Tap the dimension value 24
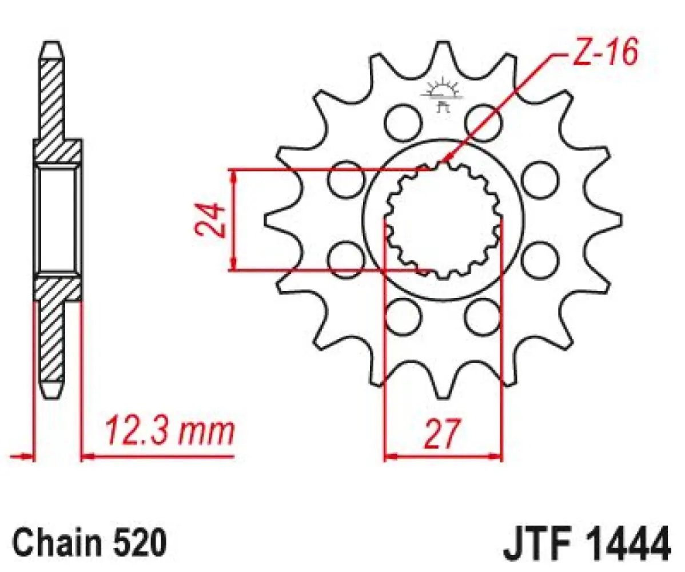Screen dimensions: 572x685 (208, 220)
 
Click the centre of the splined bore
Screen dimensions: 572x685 (443, 220)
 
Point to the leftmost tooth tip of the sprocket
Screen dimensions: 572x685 (266, 220)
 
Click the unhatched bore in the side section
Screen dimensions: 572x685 (57, 220)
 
